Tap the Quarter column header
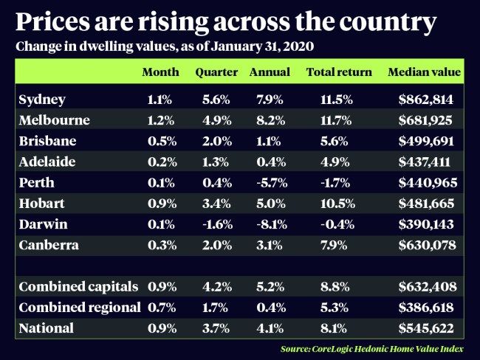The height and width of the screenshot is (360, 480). pyautogui.click(x=216, y=72)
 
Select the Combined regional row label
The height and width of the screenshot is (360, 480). pyautogui.click(x=78, y=306)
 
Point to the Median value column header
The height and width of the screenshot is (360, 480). pyautogui.click(x=424, y=72)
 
